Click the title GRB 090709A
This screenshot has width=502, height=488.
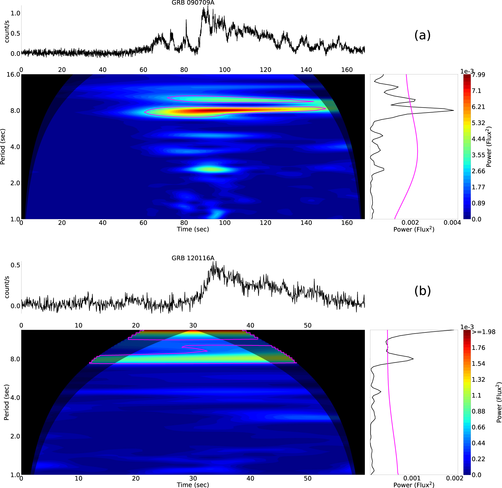pyautogui.click(x=193, y=3)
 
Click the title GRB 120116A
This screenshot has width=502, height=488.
pyautogui.click(x=193, y=258)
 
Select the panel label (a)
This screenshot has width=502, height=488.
pyautogui.click(x=422, y=35)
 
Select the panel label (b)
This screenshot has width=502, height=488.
pyautogui.click(x=422, y=291)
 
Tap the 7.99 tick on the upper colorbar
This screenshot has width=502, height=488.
pyautogui.click(x=478, y=75)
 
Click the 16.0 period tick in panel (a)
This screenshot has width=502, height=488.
pyautogui.click(x=13, y=74)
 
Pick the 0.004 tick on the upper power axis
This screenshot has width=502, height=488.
pyautogui.click(x=452, y=223)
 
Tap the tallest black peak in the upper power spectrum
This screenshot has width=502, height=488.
pyautogui.click(x=453, y=110)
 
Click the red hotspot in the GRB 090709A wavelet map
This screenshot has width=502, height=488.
pyautogui.click(x=204, y=111)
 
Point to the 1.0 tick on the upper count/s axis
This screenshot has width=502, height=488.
pyautogui.click(x=15, y=13)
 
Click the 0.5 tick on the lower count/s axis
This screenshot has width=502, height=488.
pyautogui.click(x=15, y=265)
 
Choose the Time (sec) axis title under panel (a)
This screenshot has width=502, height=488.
pyautogui.click(x=193, y=229)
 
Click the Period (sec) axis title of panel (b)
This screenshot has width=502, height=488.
pyautogui.click(x=6, y=402)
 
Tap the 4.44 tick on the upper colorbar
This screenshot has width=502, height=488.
pyautogui.click(x=478, y=139)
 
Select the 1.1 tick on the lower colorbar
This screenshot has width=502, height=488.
pyautogui.click(x=476, y=395)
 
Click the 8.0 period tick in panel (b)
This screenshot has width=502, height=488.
pyautogui.click(x=15, y=359)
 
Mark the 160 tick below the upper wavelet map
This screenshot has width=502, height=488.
pyautogui.click(x=347, y=223)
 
